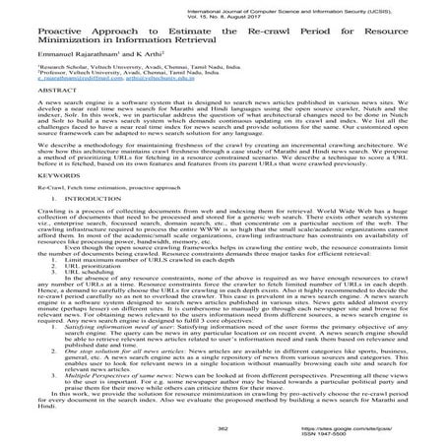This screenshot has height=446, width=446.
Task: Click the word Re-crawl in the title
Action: (296, 35)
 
